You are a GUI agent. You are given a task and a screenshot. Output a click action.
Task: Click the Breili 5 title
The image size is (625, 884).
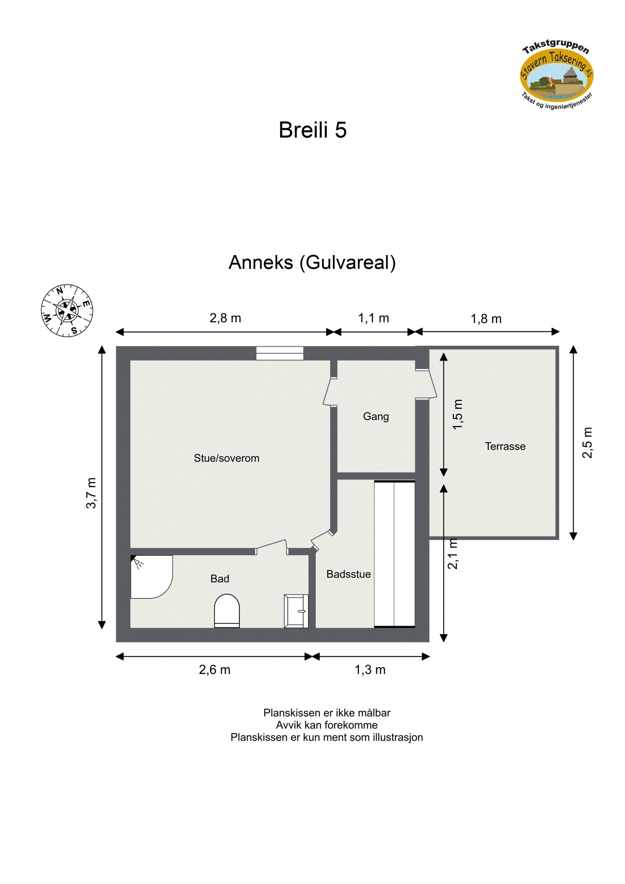click(312, 130)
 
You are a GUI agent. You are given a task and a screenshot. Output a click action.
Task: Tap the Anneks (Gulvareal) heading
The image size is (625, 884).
click(312, 262)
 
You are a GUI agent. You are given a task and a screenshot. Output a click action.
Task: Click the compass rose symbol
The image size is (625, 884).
click(67, 311)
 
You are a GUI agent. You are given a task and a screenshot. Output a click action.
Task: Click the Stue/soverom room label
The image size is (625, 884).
click(226, 458)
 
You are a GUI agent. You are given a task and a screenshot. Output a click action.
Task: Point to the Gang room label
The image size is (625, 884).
click(375, 416)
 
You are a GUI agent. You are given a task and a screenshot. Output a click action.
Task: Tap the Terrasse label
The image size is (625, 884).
click(505, 446)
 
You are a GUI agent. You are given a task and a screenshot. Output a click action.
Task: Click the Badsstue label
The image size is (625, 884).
click(348, 574)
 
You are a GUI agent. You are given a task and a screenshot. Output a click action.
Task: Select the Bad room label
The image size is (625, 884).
click(220, 579)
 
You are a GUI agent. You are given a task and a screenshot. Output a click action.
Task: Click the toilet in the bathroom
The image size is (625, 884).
click(227, 611)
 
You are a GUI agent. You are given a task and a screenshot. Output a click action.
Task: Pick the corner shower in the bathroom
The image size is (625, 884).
click(148, 576)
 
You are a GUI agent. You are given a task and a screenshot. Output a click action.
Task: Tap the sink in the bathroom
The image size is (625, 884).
click(296, 611)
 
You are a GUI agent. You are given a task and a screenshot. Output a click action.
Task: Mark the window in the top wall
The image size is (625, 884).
click(280, 353)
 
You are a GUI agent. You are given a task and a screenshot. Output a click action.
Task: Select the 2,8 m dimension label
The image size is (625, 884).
click(225, 318)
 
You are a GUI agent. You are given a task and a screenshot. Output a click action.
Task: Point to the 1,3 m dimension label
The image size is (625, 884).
click(370, 670)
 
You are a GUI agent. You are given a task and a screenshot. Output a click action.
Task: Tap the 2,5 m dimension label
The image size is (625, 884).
click(587, 442)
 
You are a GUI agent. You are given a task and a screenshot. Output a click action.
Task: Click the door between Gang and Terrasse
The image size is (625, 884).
click(428, 384)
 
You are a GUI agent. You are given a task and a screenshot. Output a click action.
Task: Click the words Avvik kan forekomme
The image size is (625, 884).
click(327, 725)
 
